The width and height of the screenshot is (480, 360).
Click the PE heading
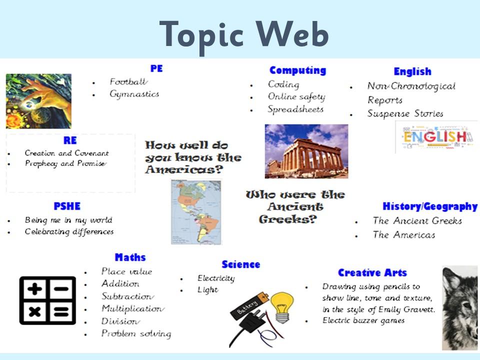156,68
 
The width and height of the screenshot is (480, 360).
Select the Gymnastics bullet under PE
134,93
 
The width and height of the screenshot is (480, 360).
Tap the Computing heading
297,70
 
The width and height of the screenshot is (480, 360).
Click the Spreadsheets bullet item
295,109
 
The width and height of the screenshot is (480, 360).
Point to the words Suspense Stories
405,113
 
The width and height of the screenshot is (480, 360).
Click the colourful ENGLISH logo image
436,137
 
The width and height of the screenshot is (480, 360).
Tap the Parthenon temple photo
306,151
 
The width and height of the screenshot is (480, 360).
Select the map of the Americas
196,212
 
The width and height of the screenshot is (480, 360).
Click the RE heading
70,140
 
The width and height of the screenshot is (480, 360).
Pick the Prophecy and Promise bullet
66,163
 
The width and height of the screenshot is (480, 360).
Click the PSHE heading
67,206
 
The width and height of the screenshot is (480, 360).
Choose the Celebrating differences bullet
69,231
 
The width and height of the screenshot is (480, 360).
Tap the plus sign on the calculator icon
34,288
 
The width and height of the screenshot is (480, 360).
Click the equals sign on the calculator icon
61,312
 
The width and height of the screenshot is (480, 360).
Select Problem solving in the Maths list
136,333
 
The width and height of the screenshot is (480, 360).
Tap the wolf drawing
460,308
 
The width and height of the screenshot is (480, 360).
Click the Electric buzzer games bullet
363,320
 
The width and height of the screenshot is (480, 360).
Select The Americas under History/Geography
404,235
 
